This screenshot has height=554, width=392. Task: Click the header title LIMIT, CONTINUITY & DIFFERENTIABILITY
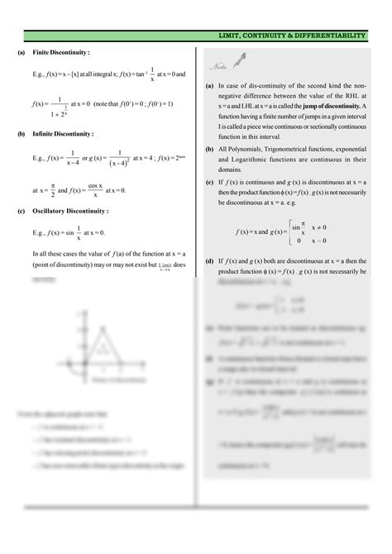(x=291, y=36)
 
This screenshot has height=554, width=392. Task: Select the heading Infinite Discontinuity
(x=63, y=133)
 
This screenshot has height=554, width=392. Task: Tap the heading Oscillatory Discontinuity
(x=68, y=210)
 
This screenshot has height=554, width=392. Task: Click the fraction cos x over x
(x=95, y=189)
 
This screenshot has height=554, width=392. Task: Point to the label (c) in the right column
(x=209, y=181)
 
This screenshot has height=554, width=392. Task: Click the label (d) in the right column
(x=209, y=259)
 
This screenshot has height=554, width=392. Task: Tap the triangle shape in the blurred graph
(x=101, y=339)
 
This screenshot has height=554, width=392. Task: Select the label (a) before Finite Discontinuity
(x=22, y=52)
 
